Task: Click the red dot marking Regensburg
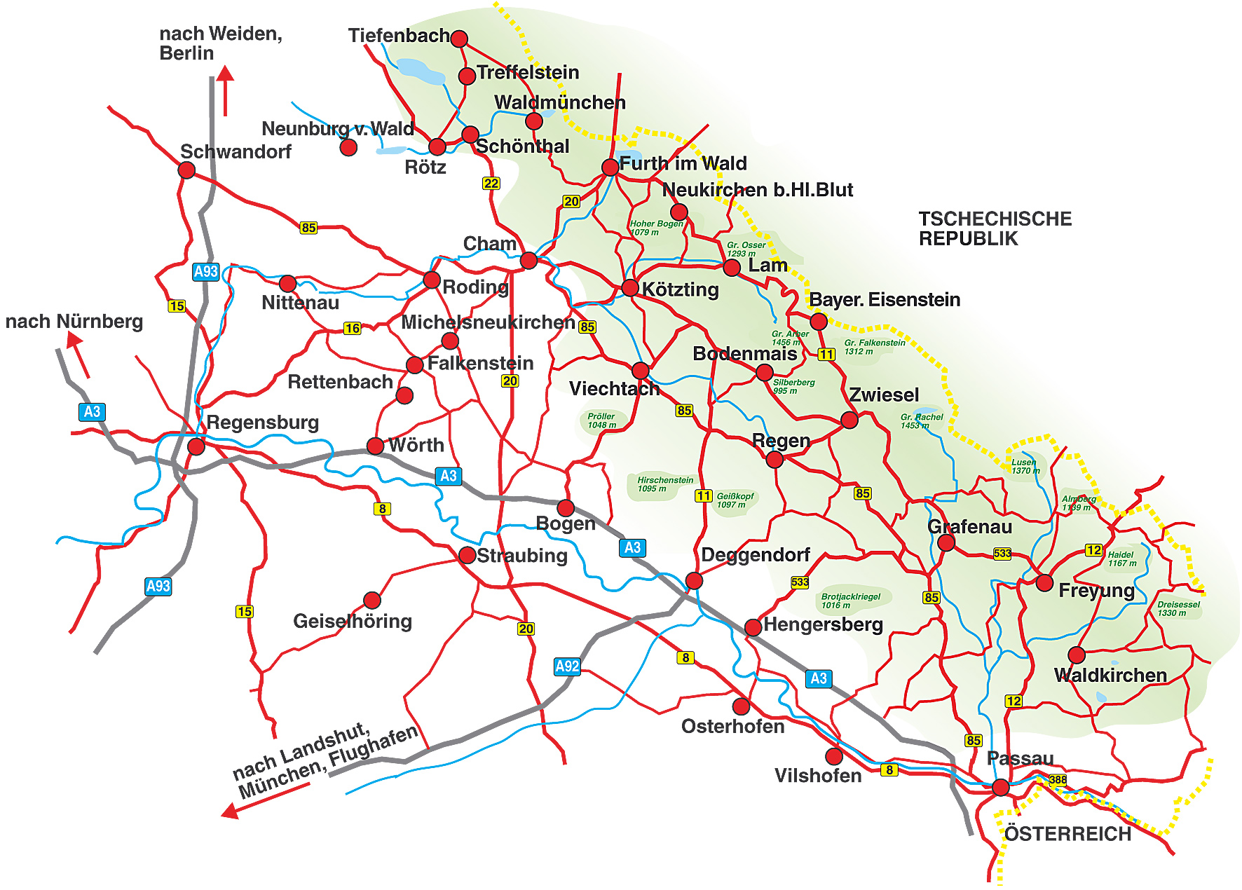point(196,446)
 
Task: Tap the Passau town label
point(1020,758)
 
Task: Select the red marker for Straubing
point(467,555)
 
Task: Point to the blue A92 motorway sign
point(567,666)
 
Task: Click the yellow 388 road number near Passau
point(1058,779)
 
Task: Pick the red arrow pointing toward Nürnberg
point(78,354)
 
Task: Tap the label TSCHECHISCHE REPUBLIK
point(995,228)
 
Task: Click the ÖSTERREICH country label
point(1067,834)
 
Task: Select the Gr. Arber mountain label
point(789,338)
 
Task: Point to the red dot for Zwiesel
point(849,420)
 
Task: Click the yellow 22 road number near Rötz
point(491,184)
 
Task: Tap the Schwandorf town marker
point(186,170)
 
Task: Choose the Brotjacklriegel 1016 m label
point(850,601)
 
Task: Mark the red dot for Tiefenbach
point(459,38)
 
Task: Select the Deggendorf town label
point(755,555)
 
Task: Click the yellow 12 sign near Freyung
point(1093,550)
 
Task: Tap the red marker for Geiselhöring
point(372,600)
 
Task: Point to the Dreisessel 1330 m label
point(1178,608)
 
